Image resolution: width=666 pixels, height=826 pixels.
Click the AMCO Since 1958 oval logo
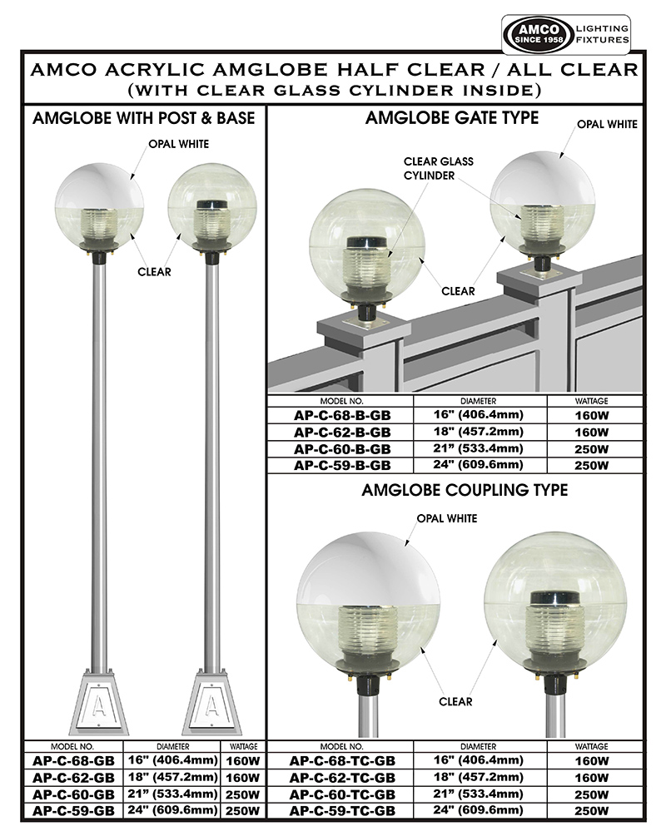click(538, 34)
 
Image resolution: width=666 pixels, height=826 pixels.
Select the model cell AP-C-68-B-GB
click(342, 415)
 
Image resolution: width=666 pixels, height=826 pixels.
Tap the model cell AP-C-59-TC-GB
click(342, 811)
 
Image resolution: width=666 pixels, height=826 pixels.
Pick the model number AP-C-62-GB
click(73, 778)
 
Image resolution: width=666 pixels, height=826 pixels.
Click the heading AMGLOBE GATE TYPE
click(452, 118)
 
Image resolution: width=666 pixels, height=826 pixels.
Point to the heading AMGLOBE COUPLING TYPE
click(465, 491)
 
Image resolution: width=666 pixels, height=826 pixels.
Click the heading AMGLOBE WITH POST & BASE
click(143, 118)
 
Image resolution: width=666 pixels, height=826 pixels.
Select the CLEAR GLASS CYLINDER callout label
click(438, 169)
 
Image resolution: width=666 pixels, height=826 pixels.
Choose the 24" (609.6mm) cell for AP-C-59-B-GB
click(479, 465)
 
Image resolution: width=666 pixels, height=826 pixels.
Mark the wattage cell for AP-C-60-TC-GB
click(592, 794)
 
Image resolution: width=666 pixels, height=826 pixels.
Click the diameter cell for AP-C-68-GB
click(173, 760)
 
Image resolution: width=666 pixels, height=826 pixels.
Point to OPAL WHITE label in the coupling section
click(447, 519)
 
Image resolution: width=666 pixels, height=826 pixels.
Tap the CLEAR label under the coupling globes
click(455, 702)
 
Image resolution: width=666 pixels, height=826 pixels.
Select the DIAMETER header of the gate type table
click(479, 401)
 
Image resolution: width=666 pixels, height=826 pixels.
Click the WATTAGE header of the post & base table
click(244, 746)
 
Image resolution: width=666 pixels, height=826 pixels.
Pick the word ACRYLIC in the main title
click(151, 70)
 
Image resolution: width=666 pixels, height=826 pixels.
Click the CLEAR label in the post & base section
click(155, 272)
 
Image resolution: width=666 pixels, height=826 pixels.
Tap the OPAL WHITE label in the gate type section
click(607, 124)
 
